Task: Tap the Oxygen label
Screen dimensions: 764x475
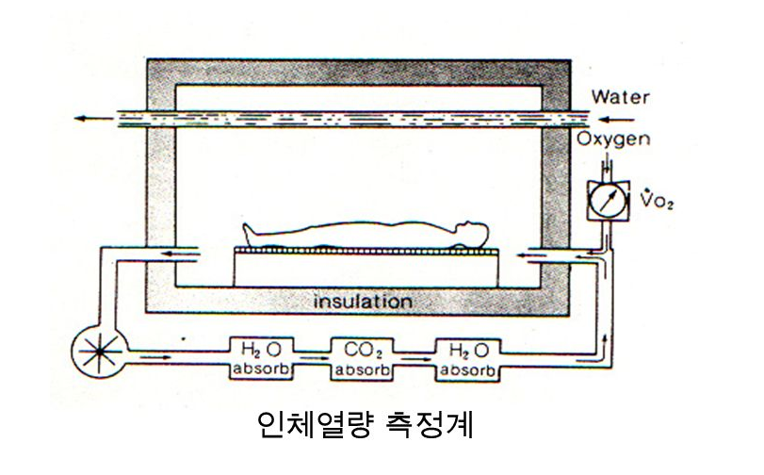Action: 613,141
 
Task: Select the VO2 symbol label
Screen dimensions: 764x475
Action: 651,202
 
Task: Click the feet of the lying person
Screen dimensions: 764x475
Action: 250,229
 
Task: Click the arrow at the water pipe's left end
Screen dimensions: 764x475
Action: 91,119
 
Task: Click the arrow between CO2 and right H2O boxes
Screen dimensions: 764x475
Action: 415,357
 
